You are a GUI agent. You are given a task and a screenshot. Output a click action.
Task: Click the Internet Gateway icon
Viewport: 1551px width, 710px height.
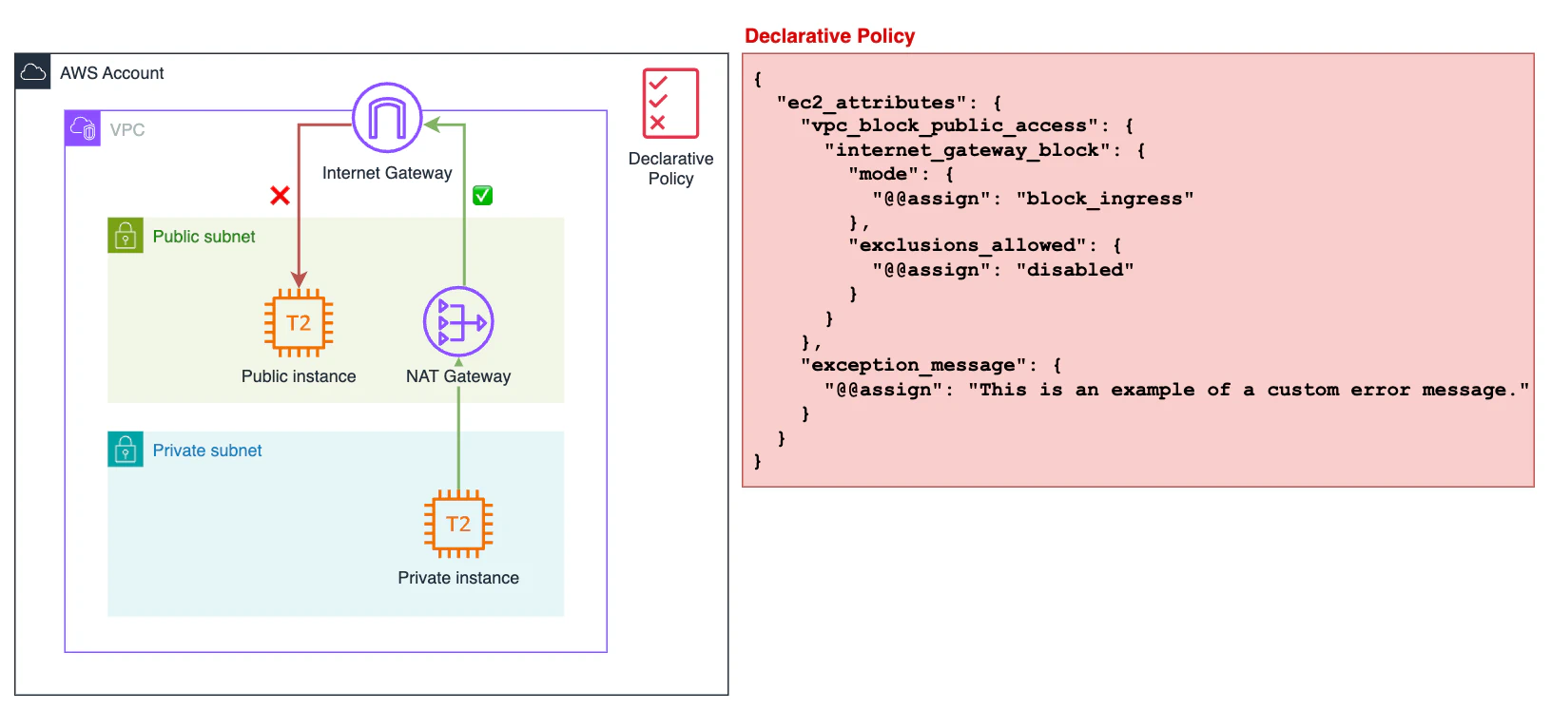click(x=387, y=118)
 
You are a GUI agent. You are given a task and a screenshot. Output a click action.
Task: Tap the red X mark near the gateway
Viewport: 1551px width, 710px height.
click(x=280, y=196)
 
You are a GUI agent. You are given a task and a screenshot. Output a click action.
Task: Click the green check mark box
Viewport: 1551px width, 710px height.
click(x=482, y=196)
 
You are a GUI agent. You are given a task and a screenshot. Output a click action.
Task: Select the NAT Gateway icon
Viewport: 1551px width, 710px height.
click(x=458, y=322)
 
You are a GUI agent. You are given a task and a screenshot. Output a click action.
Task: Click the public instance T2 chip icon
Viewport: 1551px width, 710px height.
click(x=299, y=323)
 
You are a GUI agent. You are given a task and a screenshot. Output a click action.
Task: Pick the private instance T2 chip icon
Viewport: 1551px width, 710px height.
click(x=458, y=524)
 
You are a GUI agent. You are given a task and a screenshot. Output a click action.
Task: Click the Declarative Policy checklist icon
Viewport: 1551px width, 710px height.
click(x=670, y=104)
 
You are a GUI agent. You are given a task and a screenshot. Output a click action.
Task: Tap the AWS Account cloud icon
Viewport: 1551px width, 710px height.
click(x=33, y=72)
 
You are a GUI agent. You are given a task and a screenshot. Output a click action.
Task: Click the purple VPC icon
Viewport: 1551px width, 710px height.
click(x=83, y=128)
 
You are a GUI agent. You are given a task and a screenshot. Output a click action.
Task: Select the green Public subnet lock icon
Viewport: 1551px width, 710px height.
click(x=126, y=236)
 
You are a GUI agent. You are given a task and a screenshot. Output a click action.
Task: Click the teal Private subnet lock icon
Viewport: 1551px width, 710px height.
click(x=126, y=450)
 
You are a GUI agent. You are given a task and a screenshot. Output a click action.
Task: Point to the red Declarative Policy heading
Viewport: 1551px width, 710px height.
click(x=829, y=36)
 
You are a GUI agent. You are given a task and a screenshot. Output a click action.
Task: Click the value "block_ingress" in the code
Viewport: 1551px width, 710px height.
click(x=1104, y=199)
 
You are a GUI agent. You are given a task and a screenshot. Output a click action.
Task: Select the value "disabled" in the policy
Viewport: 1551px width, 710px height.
click(x=1075, y=270)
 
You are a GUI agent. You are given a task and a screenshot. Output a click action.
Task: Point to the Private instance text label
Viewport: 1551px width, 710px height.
click(x=458, y=578)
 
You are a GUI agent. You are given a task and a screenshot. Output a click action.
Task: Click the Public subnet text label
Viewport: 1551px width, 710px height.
click(x=204, y=237)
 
